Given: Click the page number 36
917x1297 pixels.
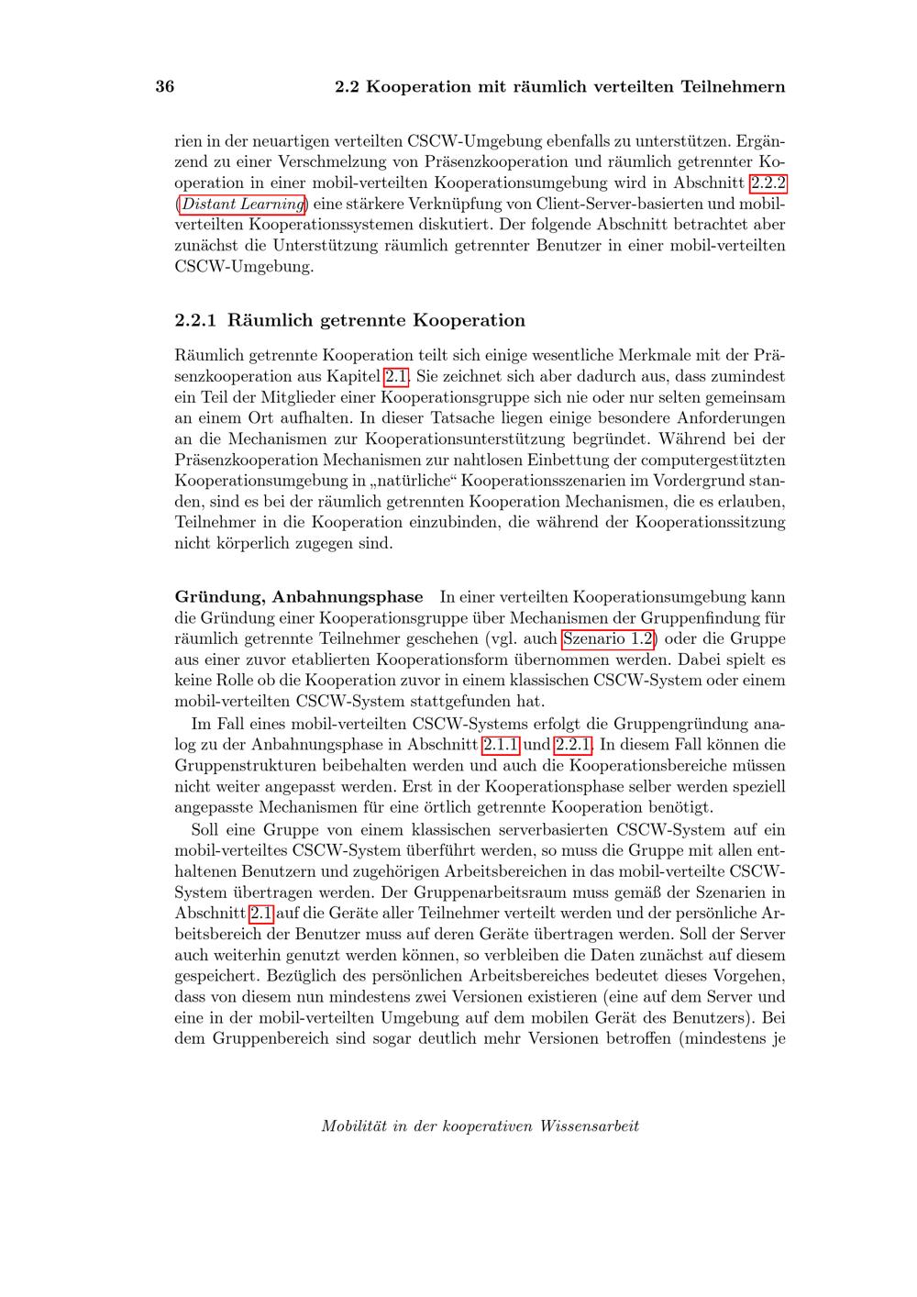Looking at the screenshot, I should [165, 87].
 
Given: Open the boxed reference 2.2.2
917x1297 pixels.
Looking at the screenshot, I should [768, 183].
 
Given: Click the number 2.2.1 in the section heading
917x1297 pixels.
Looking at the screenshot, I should [195, 320].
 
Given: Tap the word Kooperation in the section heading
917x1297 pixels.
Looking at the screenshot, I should [469, 320].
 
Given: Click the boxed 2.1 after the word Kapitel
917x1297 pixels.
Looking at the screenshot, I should [396, 376].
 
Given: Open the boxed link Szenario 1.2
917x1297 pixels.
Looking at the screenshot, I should [608, 638].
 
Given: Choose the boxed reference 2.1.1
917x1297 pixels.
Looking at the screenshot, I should [501, 745].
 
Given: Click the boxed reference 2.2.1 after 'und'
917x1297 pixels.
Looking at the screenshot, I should [573, 745].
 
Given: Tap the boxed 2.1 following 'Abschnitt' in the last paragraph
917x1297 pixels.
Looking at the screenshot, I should [260, 914].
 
